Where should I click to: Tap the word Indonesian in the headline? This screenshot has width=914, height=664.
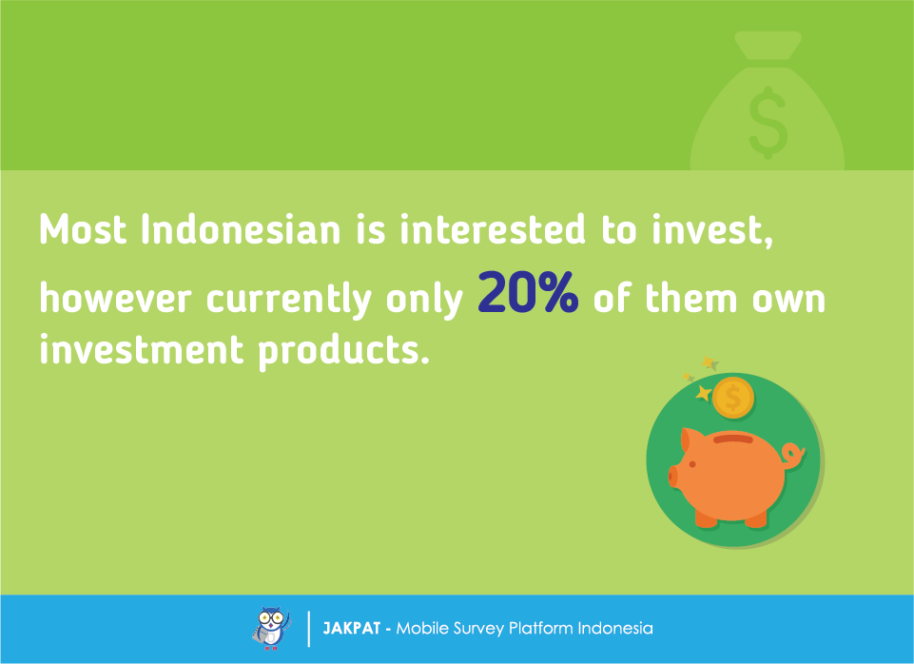click(x=241, y=229)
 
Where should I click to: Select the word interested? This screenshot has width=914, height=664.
click(x=493, y=229)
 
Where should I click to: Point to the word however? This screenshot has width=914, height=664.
click(x=115, y=299)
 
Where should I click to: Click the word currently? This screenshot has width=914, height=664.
click(x=288, y=300)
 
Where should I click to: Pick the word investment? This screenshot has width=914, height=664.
click(x=141, y=349)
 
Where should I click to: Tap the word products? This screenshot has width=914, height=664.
click(x=344, y=351)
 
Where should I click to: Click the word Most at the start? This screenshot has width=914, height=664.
click(x=83, y=229)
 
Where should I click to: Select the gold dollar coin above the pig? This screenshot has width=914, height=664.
click(x=733, y=398)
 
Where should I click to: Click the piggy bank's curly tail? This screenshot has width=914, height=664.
click(x=793, y=454)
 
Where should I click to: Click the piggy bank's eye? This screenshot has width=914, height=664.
click(x=692, y=464)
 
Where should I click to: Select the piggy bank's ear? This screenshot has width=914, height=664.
click(x=688, y=440)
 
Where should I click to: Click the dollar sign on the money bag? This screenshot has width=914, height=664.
click(x=768, y=123)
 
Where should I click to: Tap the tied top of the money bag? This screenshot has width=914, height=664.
click(x=768, y=46)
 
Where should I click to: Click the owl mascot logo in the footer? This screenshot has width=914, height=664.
click(x=272, y=628)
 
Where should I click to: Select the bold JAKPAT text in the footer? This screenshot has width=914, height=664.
click(x=352, y=629)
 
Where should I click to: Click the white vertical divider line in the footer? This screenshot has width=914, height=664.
click(x=308, y=629)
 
